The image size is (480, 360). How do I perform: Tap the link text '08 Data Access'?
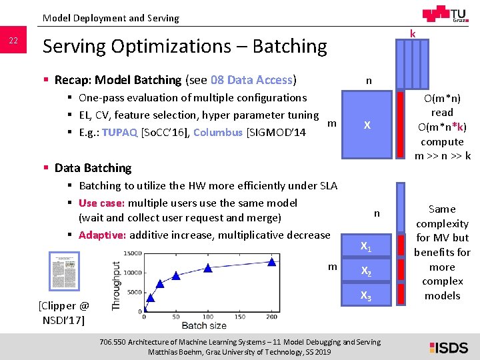pos(251,80)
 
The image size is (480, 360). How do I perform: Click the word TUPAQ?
pos(120,132)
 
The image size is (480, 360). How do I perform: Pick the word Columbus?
pos(218,132)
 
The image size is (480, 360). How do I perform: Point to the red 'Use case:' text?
pos(101,203)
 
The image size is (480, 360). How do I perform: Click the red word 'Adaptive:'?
pos(102,235)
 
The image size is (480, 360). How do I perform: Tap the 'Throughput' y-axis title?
pos(117,285)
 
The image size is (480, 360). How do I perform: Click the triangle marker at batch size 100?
pos(208,268)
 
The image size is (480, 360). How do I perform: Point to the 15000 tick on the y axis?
pos(133,253)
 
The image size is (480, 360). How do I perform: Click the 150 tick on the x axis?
pos(239,317)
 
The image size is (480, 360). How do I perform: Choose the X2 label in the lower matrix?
pos(366,271)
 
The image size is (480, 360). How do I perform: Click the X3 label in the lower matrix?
pos(366,295)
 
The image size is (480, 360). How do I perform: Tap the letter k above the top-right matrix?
pos(413,33)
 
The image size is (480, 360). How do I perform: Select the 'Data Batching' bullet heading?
pos(93,168)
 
